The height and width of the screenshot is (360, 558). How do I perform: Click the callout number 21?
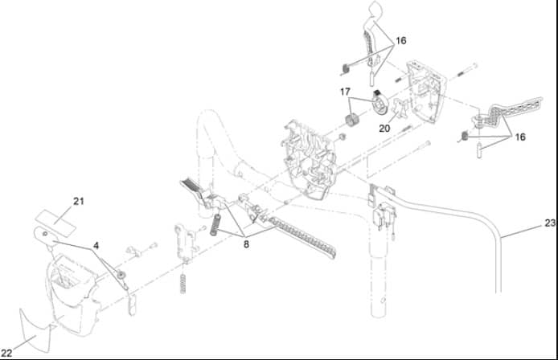point(79,202)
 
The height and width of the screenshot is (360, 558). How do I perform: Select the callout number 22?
point(6,354)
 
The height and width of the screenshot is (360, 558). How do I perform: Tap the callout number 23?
point(550,223)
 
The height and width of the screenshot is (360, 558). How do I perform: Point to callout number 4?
point(96,246)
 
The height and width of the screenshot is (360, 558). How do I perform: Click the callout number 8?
point(246,244)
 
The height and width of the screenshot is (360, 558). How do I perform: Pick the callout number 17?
point(345,92)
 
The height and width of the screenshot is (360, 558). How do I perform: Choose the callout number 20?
point(384,129)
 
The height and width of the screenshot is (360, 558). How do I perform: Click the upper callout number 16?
point(401,41)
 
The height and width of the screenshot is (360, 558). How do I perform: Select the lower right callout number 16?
point(520,137)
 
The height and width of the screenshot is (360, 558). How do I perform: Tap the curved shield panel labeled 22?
point(35,331)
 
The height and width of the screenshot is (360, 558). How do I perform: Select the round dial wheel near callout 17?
point(380,104)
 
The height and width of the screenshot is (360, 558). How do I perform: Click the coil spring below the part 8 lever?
point(215,225)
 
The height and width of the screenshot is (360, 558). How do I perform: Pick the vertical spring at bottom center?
point(183,284)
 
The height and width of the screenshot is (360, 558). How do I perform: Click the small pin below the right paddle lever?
point(479,150)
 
